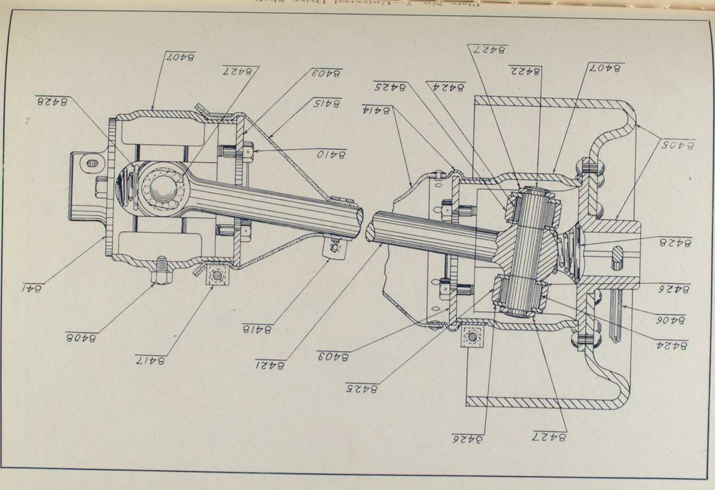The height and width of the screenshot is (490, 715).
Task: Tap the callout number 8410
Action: pyautogui.click(x=331, y=155)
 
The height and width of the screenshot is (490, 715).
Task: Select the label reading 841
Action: pyautogui.click(x=32, y=288)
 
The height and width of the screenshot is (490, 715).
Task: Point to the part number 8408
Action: pyautogui.click(x=81, y=337)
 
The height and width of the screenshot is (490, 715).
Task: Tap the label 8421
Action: pyautogui.click(x=270, y=365)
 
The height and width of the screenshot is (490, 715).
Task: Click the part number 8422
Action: pyautogui.click(x=525, y=70)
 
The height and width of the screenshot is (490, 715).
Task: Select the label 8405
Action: pyautogui.click(x=677, y=145)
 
